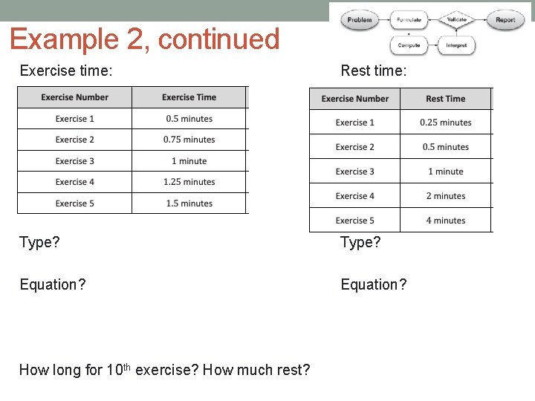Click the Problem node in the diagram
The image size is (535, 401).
coord(360,20)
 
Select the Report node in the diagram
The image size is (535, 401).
coord(505,20)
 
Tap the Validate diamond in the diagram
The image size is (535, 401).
coord(456,19)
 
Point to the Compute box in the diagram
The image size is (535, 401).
coord(409,45)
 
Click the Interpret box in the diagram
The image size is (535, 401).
coord(456,45)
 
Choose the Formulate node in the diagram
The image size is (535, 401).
coord(409,20)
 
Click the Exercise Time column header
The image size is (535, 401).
coord(189,97)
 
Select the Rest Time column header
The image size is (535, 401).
coord(445,99)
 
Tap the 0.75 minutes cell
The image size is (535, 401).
coord(189,140)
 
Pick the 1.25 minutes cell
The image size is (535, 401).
coord(189,182)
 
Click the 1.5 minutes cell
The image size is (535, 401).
coord(189,203)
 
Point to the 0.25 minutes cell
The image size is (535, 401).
coord(445,123)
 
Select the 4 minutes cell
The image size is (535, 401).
coord(445,221)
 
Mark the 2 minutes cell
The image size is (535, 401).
coord(445,196)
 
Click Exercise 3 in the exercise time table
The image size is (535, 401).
coord(74,161)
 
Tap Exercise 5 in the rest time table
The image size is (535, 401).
coord(354,221)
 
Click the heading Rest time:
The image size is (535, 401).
coord(373,71)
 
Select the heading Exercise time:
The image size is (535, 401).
coord(66,71)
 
